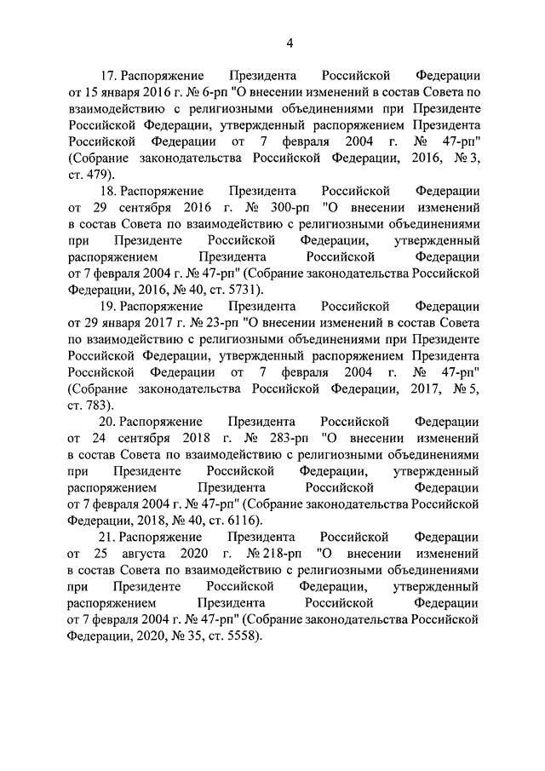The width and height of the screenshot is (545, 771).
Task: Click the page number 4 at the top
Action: [290, 44]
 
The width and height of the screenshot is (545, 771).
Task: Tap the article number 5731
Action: [238, 290]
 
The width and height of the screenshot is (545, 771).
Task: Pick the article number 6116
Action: [238, 520]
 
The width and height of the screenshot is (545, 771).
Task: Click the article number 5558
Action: [238, 636]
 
